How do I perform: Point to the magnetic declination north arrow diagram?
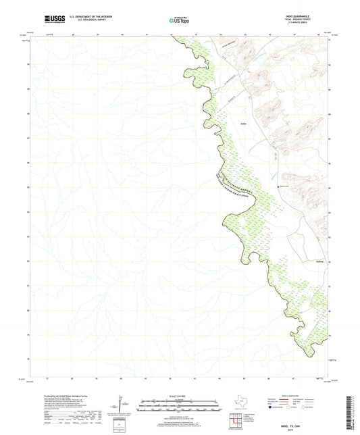coord(120,405)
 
